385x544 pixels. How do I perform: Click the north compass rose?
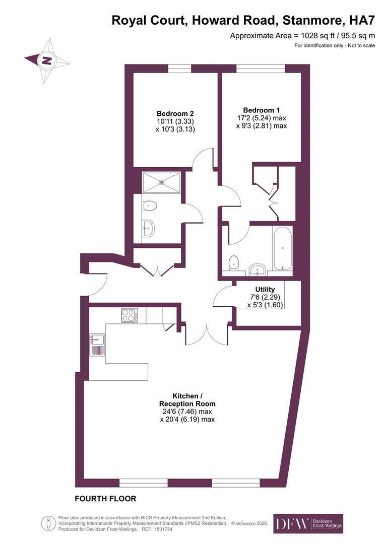pos(47,60)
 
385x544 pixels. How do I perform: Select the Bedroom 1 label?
pos(262,117)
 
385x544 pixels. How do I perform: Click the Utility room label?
pos(265,297)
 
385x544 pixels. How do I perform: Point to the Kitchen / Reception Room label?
pos(187,407)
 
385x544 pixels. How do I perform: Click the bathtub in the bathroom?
pos(283,248)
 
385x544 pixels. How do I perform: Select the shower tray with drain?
pos(161,182)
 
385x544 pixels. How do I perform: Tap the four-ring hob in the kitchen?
pos(129,315)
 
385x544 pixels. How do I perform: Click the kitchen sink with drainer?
pos(97,344)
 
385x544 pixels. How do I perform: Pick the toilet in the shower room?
pos(150,206)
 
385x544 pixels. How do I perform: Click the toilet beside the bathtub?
pos(234,262)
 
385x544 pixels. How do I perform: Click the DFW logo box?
pos(308,523)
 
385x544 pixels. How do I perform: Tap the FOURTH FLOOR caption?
pos(105,499)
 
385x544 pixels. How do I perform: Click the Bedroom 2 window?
pos(180,69)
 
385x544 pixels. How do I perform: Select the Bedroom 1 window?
pos(261,69)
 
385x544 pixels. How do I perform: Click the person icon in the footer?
pos(48,523)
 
